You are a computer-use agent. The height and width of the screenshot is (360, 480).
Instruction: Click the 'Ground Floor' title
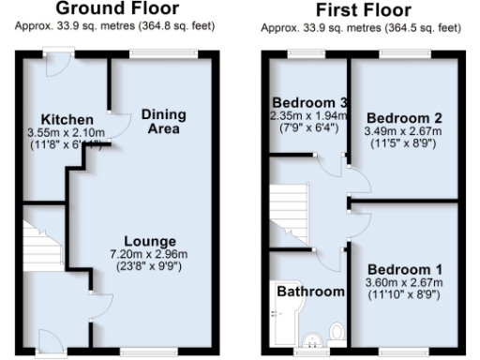pyautogui.click(x=116, y=9)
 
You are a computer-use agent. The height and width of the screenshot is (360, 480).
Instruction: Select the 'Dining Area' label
pyautogui.click(x=164, y=121)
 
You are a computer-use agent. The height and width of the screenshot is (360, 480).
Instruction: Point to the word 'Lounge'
pyautogui.click(x=149, y=242)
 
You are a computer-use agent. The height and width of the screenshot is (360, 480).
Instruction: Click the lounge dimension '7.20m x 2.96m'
pyautogui.click(x=149, y=255)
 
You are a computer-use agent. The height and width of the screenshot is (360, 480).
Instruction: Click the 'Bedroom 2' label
pyautogui.click(x=401, y=117)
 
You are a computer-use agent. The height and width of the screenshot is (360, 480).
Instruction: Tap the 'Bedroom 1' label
pyautogui.click(x=405, y=270)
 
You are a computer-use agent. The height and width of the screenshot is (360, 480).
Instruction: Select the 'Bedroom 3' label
pyautogui.click(x=309, y=101)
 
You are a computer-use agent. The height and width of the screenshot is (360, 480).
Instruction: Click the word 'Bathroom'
pyautogui.click(x=310, y=292)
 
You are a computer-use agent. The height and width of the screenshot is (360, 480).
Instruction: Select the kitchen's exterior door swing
pyautogui.click(x=58, y=67)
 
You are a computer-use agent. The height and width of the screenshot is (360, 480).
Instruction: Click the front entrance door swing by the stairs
pyautogui.click(x=52, y=340)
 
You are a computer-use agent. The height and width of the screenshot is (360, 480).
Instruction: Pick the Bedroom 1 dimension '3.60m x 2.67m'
pyautogui.click(x=405, y=283)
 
